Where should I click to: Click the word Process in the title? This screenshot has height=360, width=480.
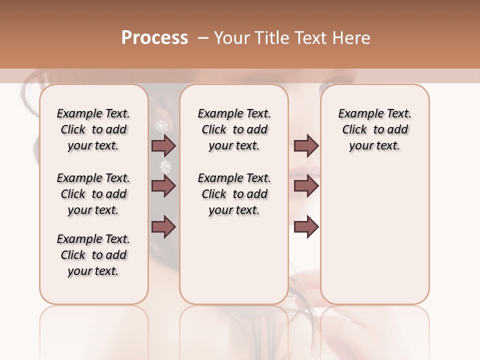pos(154,38)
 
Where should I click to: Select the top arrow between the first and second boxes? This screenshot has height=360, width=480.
pos(163,145)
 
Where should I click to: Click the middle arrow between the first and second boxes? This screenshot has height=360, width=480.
pos(163,186)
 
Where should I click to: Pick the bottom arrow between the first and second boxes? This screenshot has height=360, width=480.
pos(163,227)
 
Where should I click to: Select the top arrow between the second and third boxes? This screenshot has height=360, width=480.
pos(306,145)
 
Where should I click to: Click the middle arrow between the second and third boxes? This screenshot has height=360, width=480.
pos(306,186)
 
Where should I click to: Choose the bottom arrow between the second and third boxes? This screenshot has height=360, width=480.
pos(306,227)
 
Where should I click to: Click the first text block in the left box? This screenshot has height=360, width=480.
pos(93,129)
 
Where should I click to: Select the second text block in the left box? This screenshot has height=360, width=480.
pos(93,194)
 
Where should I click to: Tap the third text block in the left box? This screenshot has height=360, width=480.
pos(93,255)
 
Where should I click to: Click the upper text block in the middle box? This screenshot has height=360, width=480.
pos(234,129)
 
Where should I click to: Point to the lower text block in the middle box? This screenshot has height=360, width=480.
pos(234,194)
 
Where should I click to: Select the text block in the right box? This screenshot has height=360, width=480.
pos(375,129)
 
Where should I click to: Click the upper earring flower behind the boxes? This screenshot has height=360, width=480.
pos(161,125)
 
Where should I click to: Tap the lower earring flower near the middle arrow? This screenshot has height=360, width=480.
pos(165,165)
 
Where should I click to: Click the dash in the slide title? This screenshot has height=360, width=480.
pos(202,38)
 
